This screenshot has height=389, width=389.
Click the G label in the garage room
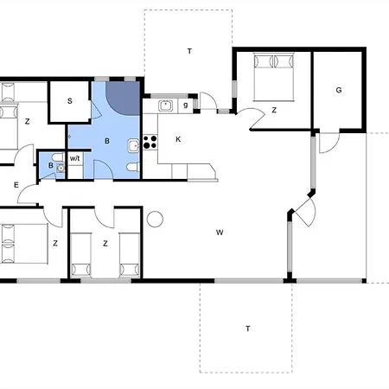[x=339, y=90]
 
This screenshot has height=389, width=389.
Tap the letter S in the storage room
[x=70, y=101]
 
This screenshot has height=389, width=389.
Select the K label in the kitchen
[x=178, y=139]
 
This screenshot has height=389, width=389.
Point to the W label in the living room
[x=220, y=233]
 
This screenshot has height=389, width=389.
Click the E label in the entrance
[x=16, y=185]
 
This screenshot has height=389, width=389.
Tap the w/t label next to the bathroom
[x=74, y=158]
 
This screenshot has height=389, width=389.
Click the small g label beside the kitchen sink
[x=186, y=105]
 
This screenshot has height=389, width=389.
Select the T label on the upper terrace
[x=189, y=51]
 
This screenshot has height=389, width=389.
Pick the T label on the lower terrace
[x=248, y=328]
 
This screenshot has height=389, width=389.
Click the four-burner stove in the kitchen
[x=150, y=142]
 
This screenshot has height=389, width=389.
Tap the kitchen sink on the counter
[x=165, y=105]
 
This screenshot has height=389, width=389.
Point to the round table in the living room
[x=155, y=219]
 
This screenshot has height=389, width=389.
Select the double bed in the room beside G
[x=274, y=77]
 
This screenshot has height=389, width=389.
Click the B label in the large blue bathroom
[x=107, y=141]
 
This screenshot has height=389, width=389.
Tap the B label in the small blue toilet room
[x=51, y=165]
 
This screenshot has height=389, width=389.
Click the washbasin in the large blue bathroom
[x=133, y=146]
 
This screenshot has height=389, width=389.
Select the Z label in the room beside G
[x=274, y=110]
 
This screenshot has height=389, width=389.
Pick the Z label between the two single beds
[x=105, y=244]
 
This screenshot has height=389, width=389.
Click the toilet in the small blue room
[x=58, y=157]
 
